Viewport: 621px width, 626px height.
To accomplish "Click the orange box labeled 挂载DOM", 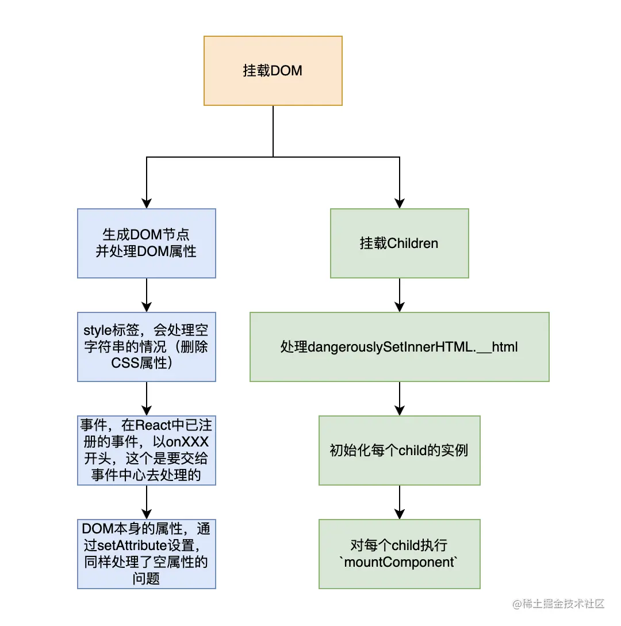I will pos(273,71).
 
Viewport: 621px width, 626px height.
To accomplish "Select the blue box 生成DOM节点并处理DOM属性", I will pos(147,243).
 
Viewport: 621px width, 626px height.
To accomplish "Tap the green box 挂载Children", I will pos(400,243).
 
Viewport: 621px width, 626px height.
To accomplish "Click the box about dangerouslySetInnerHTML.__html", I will pos(400,347).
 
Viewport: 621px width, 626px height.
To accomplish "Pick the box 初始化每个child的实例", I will pos(400,451).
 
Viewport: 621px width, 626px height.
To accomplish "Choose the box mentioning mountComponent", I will pos(400,554).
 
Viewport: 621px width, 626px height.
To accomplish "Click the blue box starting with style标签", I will pos(147,347).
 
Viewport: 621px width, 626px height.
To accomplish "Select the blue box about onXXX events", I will pos(147,451).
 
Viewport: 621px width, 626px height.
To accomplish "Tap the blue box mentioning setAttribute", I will pos(147,554).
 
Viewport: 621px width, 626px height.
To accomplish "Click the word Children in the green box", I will pos(413,243).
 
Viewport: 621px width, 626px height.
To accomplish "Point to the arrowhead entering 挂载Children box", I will pos(400,203).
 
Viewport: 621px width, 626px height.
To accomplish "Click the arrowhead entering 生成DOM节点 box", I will pos(147,203).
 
